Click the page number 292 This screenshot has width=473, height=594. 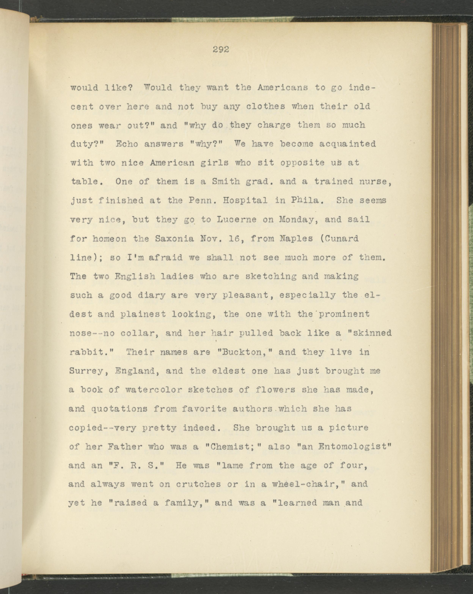coord(221,50)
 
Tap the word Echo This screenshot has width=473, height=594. coord(127,144)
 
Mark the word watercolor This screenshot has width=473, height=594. coord(153,390)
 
